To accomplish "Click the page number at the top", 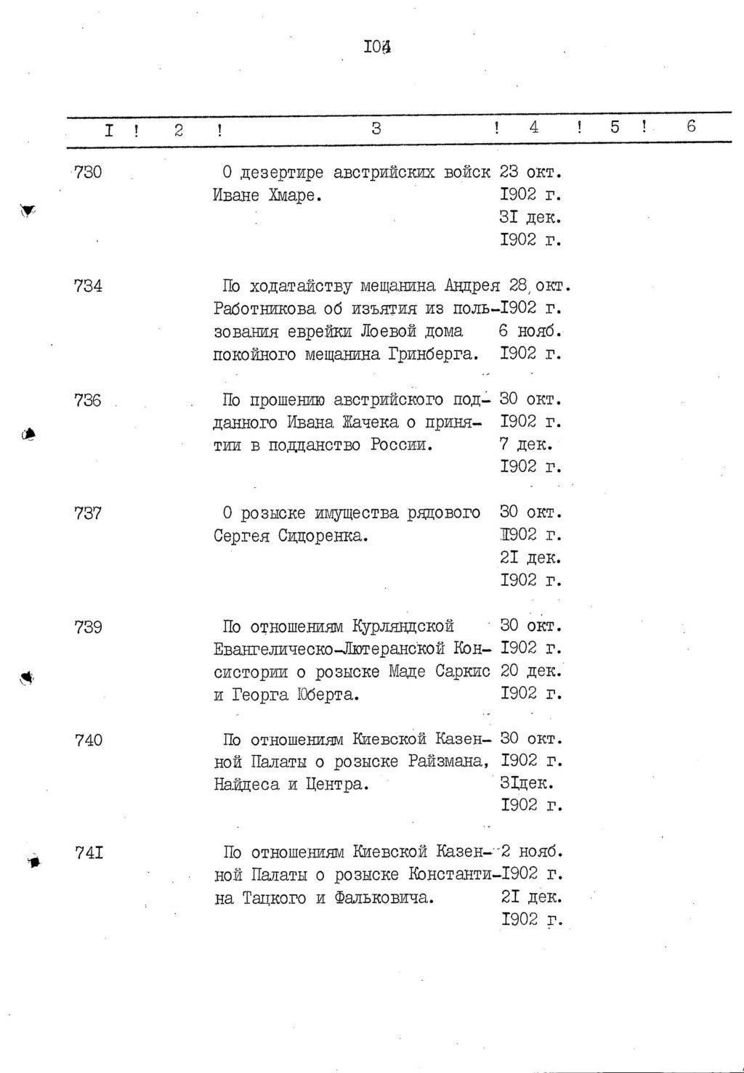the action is tap(377, 48).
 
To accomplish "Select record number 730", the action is tap(87, 173).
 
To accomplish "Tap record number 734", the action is tap(88, 286).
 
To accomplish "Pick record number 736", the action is tap(88, 400).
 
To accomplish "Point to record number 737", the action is tap(88, 513).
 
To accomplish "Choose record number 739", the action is tap(88, 627).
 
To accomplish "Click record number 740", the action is tap(88, 740).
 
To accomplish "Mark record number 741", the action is tap(89, 853).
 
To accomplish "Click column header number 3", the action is tap(376, 128).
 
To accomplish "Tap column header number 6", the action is tap(690, 126).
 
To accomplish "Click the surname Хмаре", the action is tap(295, 196).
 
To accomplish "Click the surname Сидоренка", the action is tap(328, 536).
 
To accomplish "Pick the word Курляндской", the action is tap(403, 627).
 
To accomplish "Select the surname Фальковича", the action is tap(384, 898).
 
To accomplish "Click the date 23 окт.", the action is tap(531, 173).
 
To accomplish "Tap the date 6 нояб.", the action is tap(531, 332).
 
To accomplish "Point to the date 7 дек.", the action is tap(525, 444).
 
